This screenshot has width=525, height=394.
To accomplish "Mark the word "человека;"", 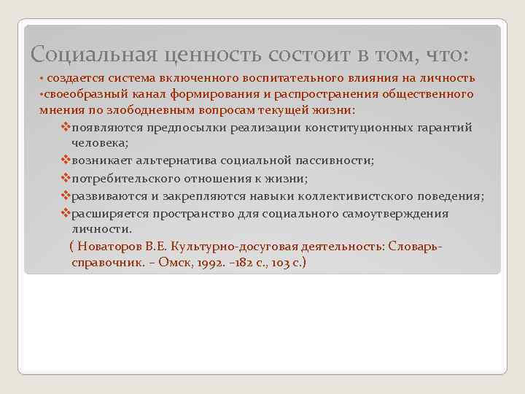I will tap(101, 144).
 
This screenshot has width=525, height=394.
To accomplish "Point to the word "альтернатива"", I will tap(171, 161).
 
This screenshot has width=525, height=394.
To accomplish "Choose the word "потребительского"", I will tap(125, 178).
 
